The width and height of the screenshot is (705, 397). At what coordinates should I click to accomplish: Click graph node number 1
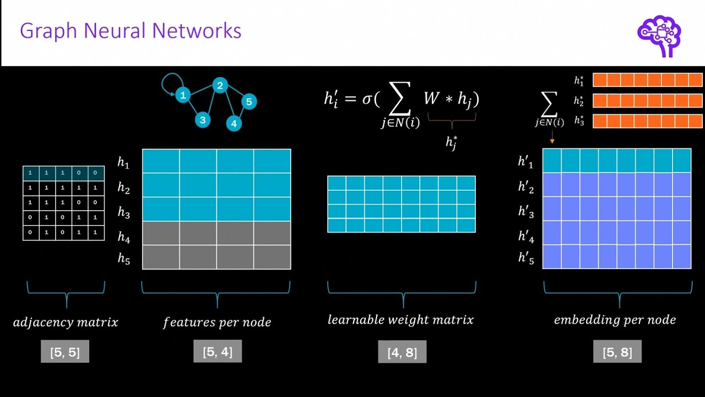183,95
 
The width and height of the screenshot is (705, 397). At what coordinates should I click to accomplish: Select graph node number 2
220,85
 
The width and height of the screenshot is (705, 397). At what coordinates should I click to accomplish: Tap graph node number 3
203,120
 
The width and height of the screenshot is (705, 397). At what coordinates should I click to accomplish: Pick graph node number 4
234,124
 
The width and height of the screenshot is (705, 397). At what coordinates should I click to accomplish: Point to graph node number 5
249,101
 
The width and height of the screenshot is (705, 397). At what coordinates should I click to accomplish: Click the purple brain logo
659,34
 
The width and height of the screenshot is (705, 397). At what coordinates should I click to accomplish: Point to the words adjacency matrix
66,322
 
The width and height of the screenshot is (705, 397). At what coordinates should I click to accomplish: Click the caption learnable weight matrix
400,320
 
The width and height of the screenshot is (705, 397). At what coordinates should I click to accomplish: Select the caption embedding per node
615,320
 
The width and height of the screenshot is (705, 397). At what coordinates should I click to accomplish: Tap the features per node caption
217,322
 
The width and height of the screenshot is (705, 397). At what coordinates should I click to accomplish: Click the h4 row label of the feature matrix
123,238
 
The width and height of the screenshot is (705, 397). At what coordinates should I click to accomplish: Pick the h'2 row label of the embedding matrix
526,187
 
